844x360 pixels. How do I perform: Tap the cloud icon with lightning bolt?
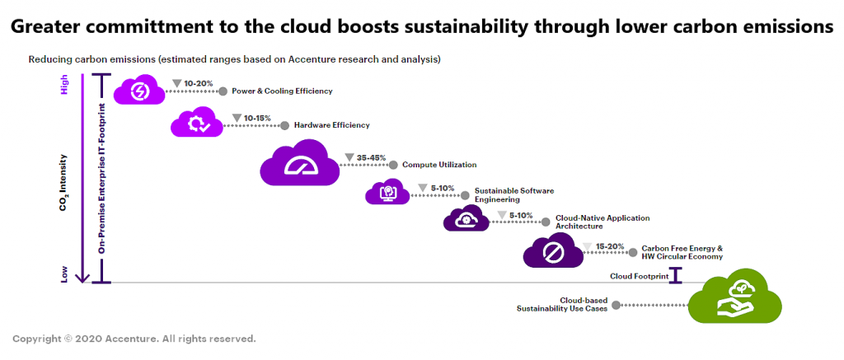pyautogui.click(x=138, y=90)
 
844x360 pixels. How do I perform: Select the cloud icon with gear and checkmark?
pyautogui.click(x=197, y=124)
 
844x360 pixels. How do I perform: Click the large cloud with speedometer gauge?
pyautogui.click(x=299, y=164)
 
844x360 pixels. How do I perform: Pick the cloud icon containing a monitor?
pyautogui.click(x=387, y=193)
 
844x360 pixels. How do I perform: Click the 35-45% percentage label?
pyautogui.click(x=371, y=157)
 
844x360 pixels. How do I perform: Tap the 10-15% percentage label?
pyautogui.click(x=257, y=118)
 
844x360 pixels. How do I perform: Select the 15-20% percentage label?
pyautogui.click(x=609, y=245)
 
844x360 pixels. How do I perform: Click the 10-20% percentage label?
pyautogui.click(x=199, y=83)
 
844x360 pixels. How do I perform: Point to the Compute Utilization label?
pyautogui.click(x=438, y=165)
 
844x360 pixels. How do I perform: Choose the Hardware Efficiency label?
pyautogui.click(x=331, y=125)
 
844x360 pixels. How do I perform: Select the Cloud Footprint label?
pyautogui.click(x=639, y=276)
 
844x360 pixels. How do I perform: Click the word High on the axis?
pyautogui.click(x=65, y=85)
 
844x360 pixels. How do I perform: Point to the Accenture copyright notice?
pyautogui.click(x=134, y=339)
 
